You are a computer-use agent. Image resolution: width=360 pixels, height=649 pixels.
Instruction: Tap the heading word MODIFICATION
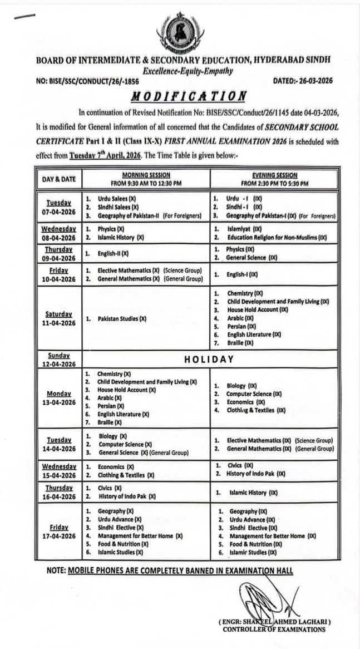click(x=189, y=96)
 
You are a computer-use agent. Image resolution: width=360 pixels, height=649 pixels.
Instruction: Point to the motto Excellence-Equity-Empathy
click(x=188, y=71)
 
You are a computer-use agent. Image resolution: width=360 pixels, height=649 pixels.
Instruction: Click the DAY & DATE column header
click(x=58, y=179)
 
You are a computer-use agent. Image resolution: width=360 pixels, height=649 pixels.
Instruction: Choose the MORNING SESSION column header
click(x=146, y=179)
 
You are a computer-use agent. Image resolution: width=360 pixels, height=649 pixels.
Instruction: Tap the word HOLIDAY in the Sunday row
click(x=209, y=360)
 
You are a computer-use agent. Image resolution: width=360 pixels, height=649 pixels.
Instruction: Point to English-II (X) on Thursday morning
click(x=113, y=253)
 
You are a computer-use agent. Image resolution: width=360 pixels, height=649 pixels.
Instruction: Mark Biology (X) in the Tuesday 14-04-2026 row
click(x=113, y=436)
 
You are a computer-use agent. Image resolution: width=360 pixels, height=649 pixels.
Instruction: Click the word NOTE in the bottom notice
click(x=56, y=571)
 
